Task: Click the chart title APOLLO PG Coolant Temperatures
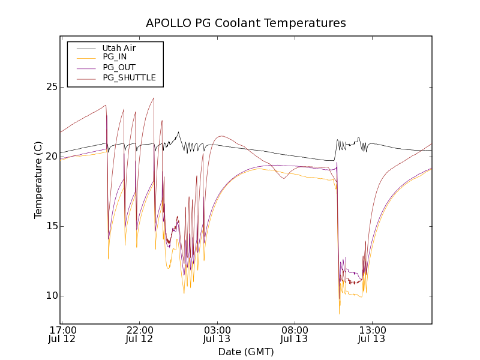tap(246, 23)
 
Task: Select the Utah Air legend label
tap(119, 48)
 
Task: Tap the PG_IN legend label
tap(115, 58)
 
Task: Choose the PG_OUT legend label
tap(119, 68)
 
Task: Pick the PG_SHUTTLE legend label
tap(129, 78)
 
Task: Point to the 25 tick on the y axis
tap(51, 87)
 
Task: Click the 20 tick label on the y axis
tap(51, 157)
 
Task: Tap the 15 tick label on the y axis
tap(51, 226)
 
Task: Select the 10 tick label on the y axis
tap(51, 296)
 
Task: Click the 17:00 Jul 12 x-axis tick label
tap(62, 334)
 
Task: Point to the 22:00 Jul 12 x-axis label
tap(140, 334)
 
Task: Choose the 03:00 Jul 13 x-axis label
tap(217, 334)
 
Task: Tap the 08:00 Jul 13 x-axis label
tap(295, 334)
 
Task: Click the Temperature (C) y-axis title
tap(38, 180)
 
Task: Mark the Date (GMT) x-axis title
tap(246, 352)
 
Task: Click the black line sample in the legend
tap(86, 48)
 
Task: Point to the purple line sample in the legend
tap(86, 68)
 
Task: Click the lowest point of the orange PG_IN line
tap(340, 313)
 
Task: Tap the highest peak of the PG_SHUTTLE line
tap(154, 98)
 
